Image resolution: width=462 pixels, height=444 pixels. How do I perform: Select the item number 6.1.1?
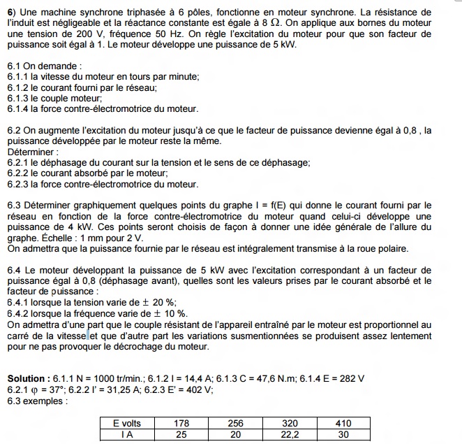[19, 77]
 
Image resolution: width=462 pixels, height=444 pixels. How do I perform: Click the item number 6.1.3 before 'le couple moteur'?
[19, 98]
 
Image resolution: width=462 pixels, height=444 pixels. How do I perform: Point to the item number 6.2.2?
[19, 173]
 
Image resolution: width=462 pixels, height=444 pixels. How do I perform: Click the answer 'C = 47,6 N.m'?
[258, 378]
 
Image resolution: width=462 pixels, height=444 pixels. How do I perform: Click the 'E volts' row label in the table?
[127, 423]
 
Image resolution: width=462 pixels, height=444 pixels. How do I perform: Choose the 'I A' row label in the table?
[127, 434]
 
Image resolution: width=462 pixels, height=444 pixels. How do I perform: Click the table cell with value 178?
[181, 423]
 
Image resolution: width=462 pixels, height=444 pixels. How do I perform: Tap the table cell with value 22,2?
[290, 434]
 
